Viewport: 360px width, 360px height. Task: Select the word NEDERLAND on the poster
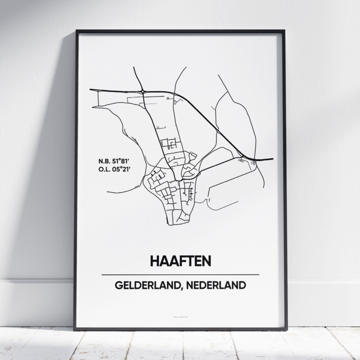click(217, 285)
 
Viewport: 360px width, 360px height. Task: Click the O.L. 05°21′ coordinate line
click(118, 169)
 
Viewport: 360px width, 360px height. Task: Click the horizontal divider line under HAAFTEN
click(180, 274)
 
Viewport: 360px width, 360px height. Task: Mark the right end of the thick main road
click(272, 159)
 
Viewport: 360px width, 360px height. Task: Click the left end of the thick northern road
click(90, 89)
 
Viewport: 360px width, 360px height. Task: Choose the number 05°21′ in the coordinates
click(126, 169)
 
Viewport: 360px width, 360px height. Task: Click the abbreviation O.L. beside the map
click(105, 169)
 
